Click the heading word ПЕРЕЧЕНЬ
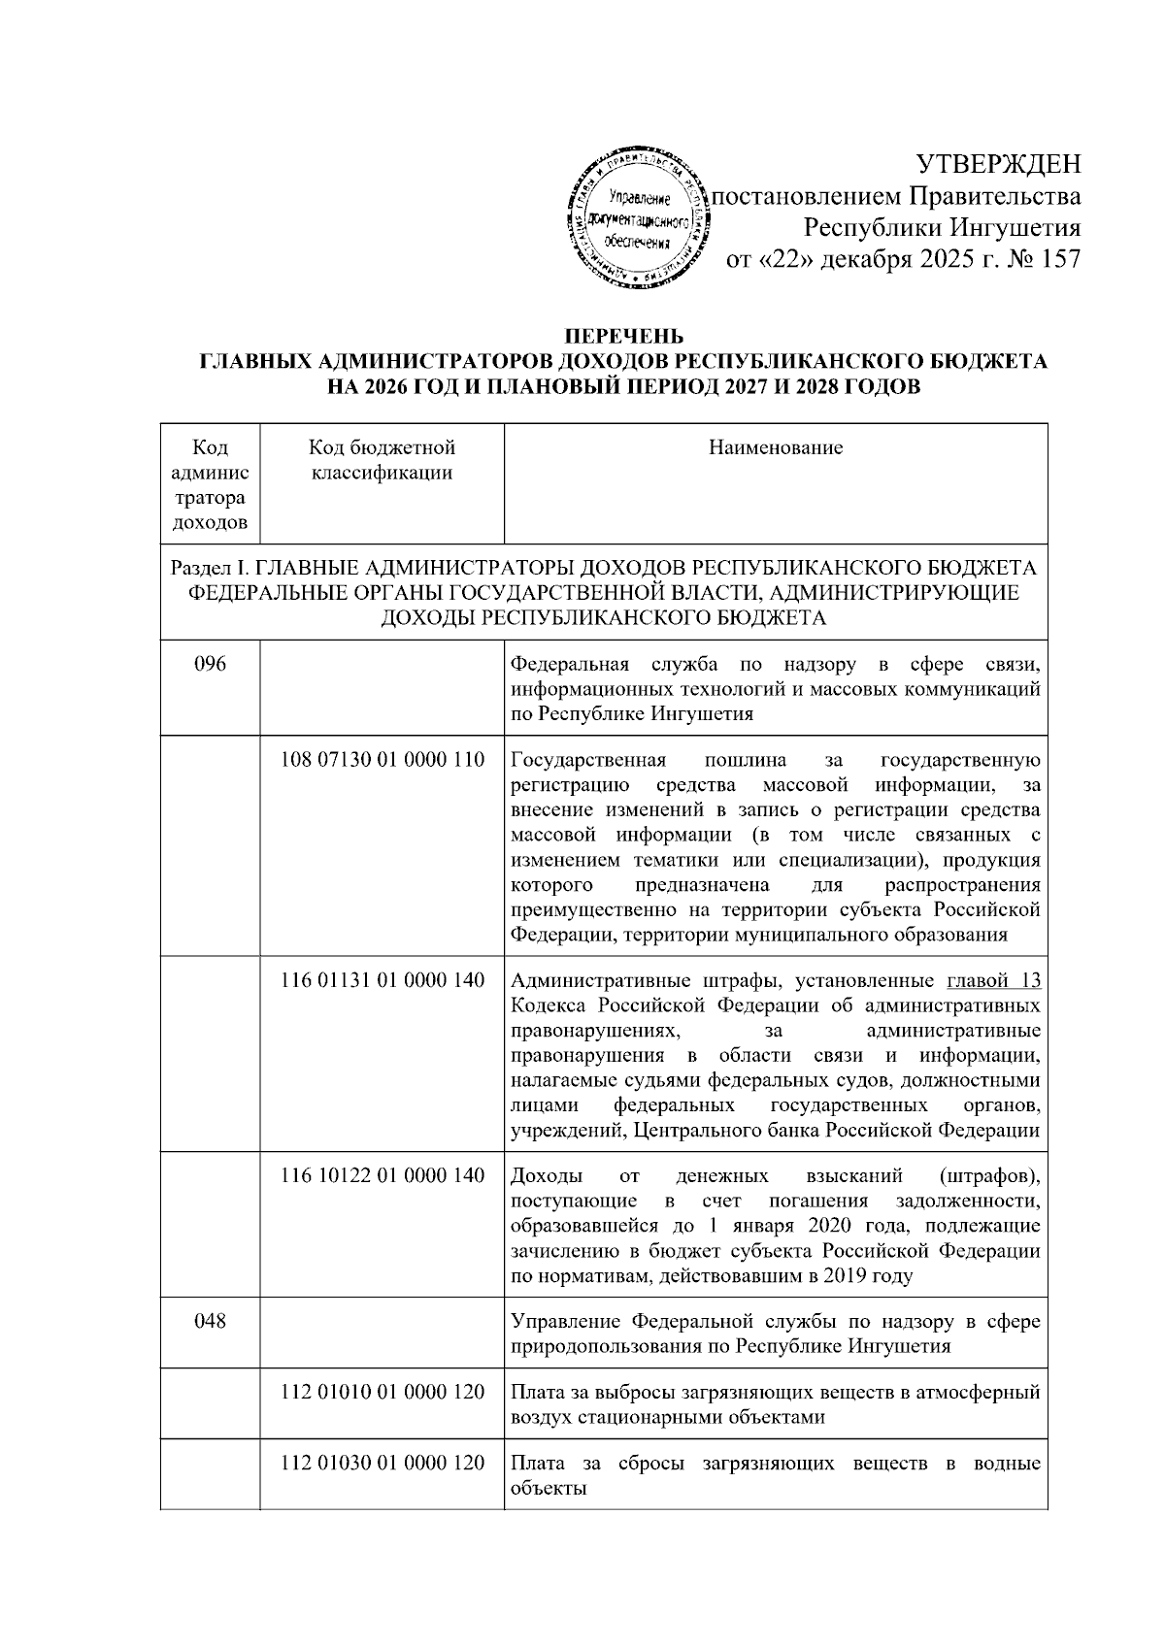tap(624, 337)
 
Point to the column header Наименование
tap(775, 447)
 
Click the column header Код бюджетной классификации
tap(382, 460)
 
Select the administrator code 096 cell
tap(211, 665)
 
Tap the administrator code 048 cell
tap(211, 1320)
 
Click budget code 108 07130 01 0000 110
tap(382, 760)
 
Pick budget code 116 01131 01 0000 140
tap(382, 980)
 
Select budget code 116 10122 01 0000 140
tap(382, 1175)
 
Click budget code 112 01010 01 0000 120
tap(382, 1392)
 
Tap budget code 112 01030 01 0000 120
tap(382, 1463)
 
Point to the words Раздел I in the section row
tap(206, 567)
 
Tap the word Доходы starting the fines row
tap(547, 1176)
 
